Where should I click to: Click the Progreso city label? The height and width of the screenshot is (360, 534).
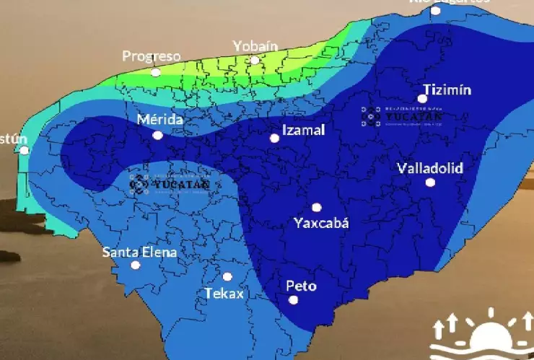[151, 56]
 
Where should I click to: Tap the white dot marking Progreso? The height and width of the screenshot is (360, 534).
[155, 72]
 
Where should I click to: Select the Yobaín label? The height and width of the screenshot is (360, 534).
[255, 46]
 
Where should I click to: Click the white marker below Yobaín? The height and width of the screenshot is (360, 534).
[255, 61]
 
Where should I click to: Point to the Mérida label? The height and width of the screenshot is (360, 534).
[159, 119]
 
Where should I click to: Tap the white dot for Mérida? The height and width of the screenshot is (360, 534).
[157, 135]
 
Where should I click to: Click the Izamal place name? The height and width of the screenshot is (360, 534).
[303, 130]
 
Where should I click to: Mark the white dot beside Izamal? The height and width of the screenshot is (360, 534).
[274, 138]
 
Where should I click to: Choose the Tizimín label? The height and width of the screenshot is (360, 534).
[447, 89]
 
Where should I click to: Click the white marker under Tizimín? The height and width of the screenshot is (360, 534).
[422, 99]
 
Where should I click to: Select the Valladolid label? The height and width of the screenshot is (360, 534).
[429, 168]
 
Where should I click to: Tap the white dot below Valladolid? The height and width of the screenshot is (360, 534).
[430, 183]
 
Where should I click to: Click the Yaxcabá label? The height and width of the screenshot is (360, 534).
[321, 223]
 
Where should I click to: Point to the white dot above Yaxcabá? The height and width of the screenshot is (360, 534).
[316, 207]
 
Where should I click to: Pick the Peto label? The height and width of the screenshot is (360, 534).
[301, 285]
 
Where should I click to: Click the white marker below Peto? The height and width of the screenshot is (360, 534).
[293, 300]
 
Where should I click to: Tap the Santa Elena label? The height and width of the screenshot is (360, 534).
[139, 252]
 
